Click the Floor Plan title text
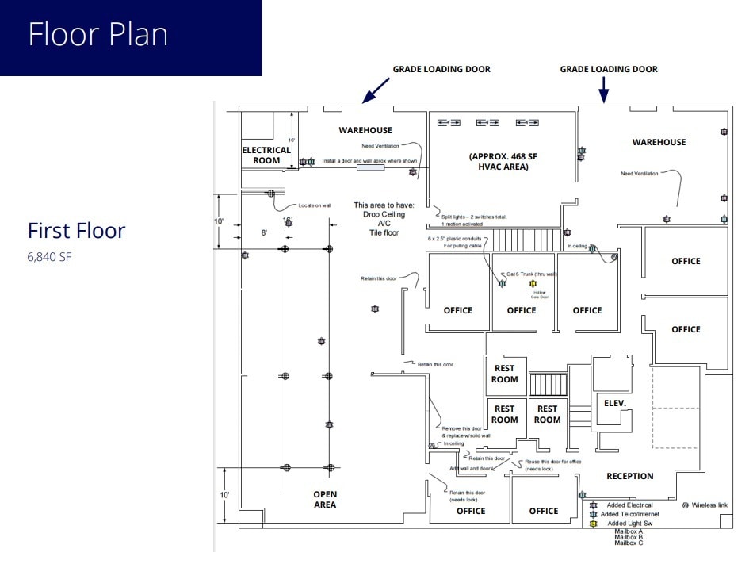click(x=97, y=35)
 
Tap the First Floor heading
click(x=76, y=231)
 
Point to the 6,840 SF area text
click(x=49, y=256)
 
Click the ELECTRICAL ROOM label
click(x=266, y=155)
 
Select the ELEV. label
click(x=614, y=403)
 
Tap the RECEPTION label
click(x=629, y=476)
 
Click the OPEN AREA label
click(x=324, y=499)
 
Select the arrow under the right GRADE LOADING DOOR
click(x=603, y=91)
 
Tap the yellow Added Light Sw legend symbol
click(x=593, y=524)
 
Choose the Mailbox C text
click(x=629, y=543)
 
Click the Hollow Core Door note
click(x=540, y=294)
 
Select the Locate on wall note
click(x=314, y=205)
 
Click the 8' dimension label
click(x=265, y=232)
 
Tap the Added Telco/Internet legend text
click(x=629, y=514)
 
